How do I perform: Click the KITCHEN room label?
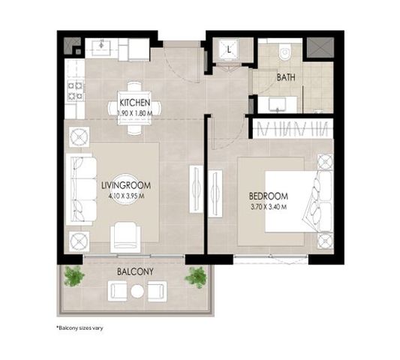click(x=134, y=103)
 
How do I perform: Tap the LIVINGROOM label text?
click(x=126, y=185)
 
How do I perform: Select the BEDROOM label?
click(x=269, y=196)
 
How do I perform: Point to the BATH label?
click(x=286, y=77)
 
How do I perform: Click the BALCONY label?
click(x=135, y=271)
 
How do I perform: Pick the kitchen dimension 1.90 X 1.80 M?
click(x=134, y=113)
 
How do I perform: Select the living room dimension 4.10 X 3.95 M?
click(x=126, y=196)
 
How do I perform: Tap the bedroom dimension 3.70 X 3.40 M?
click(x=269, y=207)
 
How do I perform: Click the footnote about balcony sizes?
click(x=80, y=328)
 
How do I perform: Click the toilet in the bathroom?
click(x=284, y=52)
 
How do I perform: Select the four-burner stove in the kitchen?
click(x=76, y=90)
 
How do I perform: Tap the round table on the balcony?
click(x=137, y=291)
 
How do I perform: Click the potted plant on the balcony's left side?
click(x=74, y=276)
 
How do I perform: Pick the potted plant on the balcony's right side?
click(x=196, y=277)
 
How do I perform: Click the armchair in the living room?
click(x=125, y=237)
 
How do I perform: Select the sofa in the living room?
click(x=81, y=190)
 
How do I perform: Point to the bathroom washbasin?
click(x=278, y=105)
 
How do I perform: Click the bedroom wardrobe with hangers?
click(x=293, y=128)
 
